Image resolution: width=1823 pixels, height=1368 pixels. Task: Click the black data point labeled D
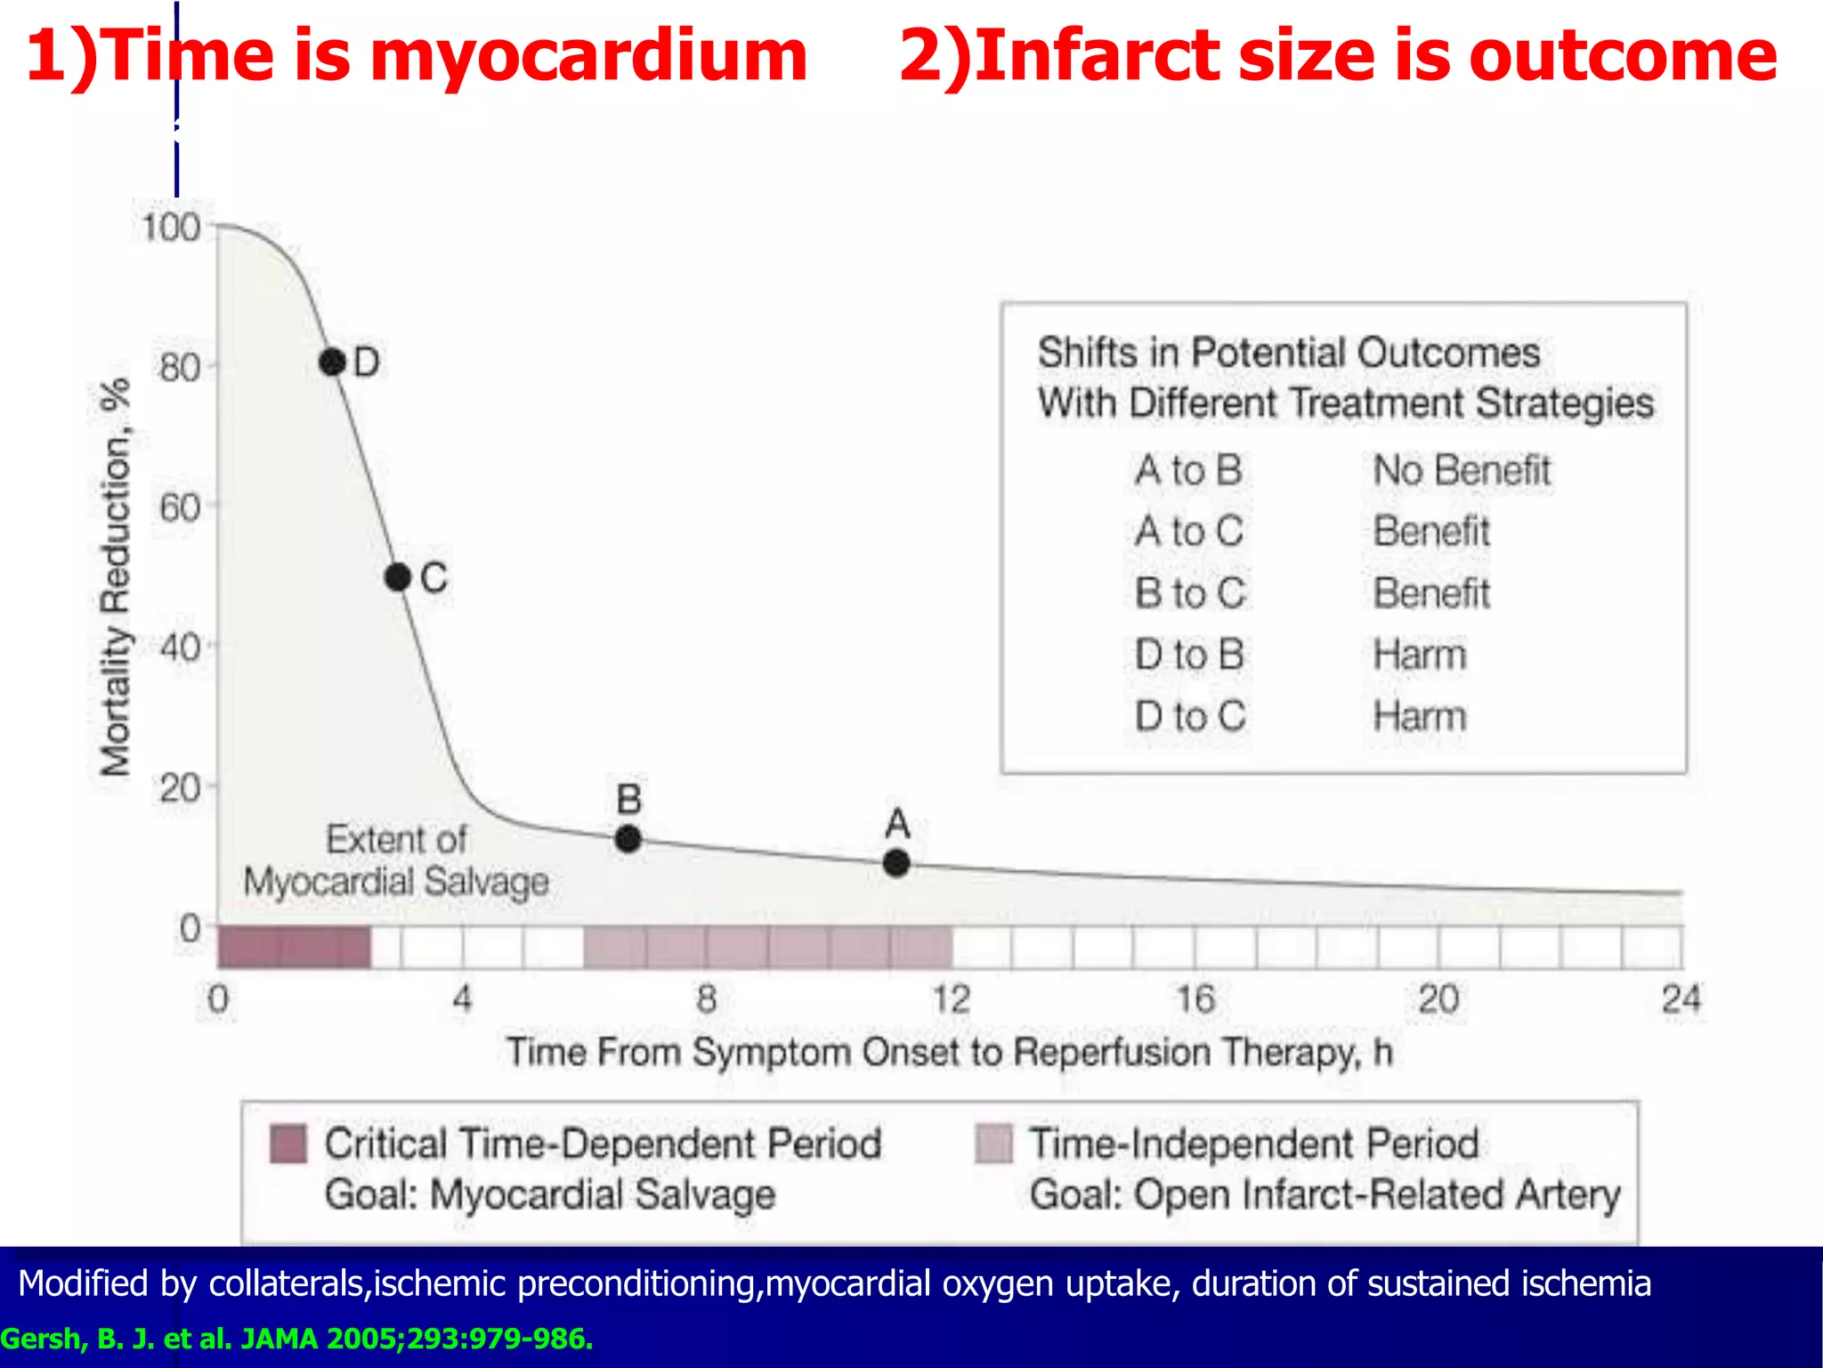(x=332, y=362)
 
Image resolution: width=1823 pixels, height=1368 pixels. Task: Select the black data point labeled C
(x=398, y=578)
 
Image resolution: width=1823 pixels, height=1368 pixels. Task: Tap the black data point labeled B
(x=628, y=839)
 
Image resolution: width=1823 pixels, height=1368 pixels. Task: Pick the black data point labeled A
(x=896, y=863)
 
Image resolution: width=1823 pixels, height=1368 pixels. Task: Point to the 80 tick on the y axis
(x=180, y=367)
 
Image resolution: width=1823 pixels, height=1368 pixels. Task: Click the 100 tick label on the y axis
(x=171, y=228)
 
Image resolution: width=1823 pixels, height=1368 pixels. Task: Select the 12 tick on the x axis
(x=951, y=999)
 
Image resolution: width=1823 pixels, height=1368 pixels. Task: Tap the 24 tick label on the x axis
(x=1681, y=999)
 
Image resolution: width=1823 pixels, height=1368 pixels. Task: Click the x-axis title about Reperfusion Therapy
(x=949, y=1053)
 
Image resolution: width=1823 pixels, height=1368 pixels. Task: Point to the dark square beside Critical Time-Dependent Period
(x=288, y=1144)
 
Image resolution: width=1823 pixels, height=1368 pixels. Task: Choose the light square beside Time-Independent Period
(x=994, y=1144)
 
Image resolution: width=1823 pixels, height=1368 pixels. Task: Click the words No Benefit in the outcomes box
(x=1462, y=470)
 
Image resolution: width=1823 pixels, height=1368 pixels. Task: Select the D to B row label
(x=1189, y=655)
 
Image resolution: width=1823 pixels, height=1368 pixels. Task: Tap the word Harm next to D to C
(x=1419, y=716)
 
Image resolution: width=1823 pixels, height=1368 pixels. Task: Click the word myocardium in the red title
(x=587, y=55)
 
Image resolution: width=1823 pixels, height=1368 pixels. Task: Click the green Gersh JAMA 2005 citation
(x=296, y=1339)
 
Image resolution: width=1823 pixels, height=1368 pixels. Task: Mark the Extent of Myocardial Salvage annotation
(x=396, y=860)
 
